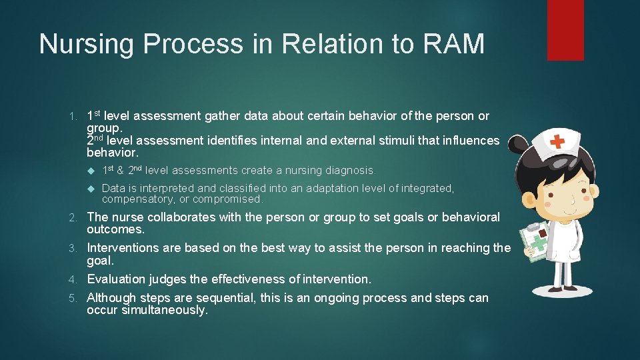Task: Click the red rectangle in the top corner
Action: point(565,30)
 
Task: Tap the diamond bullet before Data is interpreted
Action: point(92,189)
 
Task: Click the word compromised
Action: point(229,199)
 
